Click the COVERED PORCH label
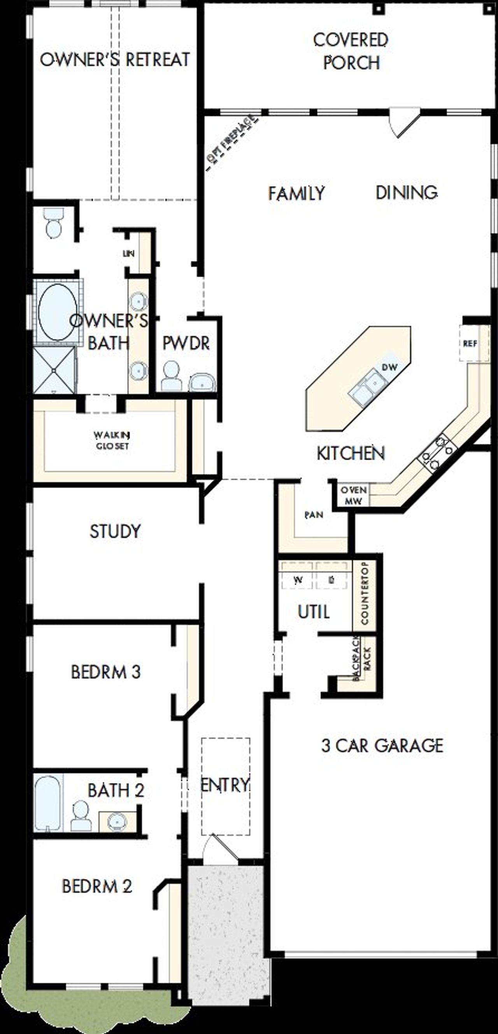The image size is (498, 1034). (x=350, y=51)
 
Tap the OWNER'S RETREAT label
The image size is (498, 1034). (x=115, y=60)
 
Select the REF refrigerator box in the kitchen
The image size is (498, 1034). (x=470, y=344)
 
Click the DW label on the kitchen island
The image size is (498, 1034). (x=389, y=367)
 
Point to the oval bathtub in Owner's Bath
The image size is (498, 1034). (x=57, y=312)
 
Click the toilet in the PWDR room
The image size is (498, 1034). (x=172, y=377)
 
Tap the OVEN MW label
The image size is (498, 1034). (x=353, y=495)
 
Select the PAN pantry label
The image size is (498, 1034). (x=314, y=515)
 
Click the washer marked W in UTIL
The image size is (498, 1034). (x=298, y=580)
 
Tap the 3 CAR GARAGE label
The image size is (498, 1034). (x=382, y=746)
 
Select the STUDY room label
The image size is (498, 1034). (x=115, y=531)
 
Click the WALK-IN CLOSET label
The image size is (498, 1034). (x=112, y=440)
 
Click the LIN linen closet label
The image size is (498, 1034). (x=128, y=254)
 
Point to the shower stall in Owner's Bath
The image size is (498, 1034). (x=54, y=370)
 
